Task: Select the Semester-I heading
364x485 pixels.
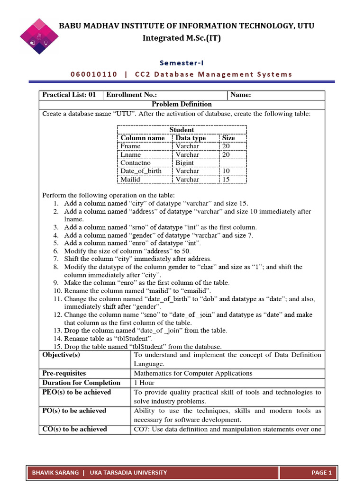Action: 182,62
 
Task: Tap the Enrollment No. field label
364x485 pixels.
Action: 131,95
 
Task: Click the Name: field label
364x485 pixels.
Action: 240,95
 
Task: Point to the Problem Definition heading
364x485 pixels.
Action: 182,104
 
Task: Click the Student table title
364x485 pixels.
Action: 182,130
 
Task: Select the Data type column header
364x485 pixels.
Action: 191,138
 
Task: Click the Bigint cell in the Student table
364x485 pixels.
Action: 184,163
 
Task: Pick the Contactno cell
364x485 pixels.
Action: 136,163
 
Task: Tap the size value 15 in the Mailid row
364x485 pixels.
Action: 226,180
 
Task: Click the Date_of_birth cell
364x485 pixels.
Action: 141,171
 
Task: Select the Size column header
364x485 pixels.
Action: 228,138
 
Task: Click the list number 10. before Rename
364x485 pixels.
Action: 57,291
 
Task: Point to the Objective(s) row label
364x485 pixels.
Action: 61,355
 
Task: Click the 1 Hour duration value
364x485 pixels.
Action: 144,383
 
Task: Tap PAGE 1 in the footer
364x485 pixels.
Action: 322,472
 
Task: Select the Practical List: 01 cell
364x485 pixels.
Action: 69,95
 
